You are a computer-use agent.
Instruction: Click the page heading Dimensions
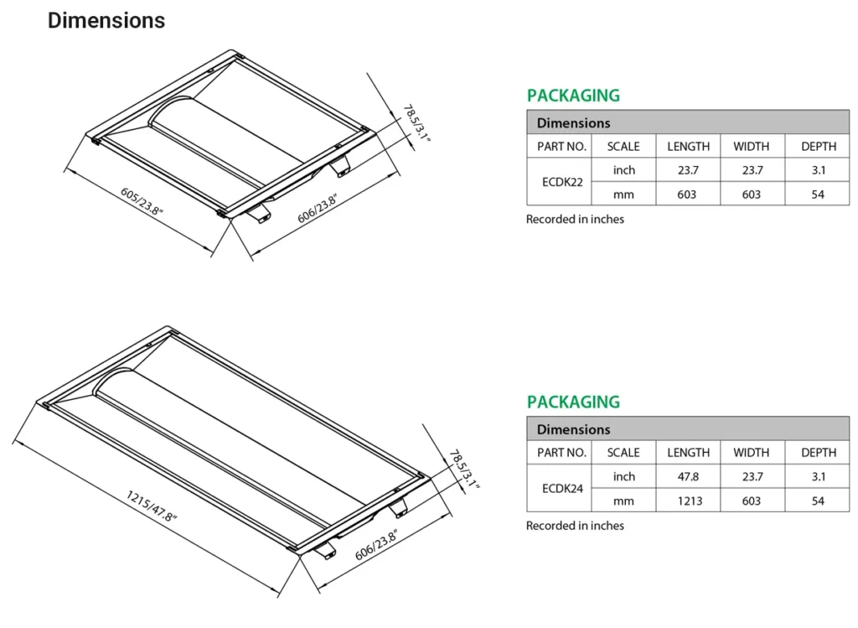(x=106, y=21)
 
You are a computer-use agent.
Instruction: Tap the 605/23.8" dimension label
(x=142, y=202)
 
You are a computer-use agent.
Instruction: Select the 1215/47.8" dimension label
(x=152, y=506)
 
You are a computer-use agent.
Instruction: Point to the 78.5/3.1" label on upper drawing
(x=416, y=124)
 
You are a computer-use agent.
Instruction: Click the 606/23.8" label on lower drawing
(x=376, y=545)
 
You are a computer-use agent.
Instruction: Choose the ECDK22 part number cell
(x=562, y=182)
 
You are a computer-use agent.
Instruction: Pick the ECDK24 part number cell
(x=562, y=488)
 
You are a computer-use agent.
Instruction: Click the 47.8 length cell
(x=688, y=476)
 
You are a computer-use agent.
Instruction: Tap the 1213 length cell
(x=690, y=501)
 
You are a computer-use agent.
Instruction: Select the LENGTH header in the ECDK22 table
(x=688, y=147)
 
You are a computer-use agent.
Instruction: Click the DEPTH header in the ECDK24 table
(x=819, y=453)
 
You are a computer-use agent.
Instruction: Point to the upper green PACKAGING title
(x=573, y=96)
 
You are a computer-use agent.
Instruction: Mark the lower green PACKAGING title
(x=573, y=402)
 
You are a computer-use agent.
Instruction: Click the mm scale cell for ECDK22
(x=623, y=195)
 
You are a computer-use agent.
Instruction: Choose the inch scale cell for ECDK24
(x=623, y=477)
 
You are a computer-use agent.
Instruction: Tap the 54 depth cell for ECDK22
(x=818, y=195)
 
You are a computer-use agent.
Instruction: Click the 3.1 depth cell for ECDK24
(x=818, y=476)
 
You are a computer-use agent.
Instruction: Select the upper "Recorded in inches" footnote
(x=575, y=219)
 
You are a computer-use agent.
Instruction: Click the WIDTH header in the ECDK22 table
(x=752, y=147)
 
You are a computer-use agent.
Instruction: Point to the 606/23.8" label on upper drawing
(x=318, y=208)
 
